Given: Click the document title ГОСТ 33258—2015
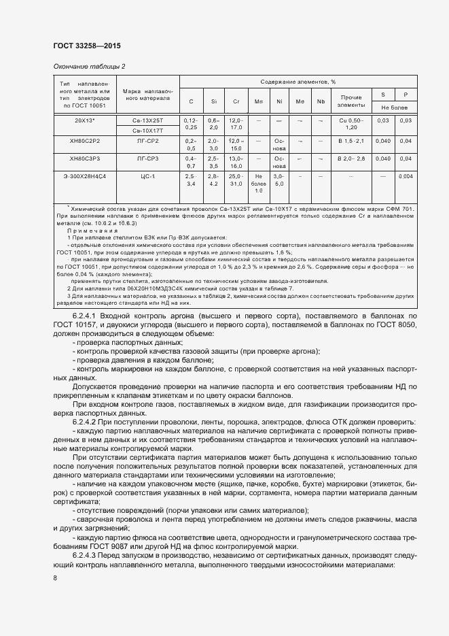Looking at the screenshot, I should click(87, 46).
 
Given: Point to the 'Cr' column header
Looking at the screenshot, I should click(236, 101).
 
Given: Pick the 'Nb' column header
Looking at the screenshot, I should click(321, 101).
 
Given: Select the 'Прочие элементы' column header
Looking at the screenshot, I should click(351, 101).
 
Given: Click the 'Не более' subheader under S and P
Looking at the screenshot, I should click(395, 107).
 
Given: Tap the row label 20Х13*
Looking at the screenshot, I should click(84, 120).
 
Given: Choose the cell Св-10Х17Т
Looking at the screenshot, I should click(147, 130).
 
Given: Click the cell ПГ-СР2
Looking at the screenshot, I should click(147, 140).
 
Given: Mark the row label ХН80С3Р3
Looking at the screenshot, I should click(84, 158).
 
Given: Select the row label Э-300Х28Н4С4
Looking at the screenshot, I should click(84, 176).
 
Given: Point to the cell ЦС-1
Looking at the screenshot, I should click(147, 176).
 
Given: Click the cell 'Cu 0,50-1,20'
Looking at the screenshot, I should click(351, 124).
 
